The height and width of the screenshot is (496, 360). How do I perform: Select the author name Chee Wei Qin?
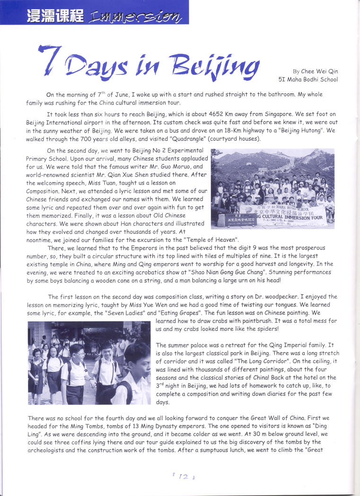(x=322, y=71)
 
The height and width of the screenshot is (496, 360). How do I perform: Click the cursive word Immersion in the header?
(x=134, y=17)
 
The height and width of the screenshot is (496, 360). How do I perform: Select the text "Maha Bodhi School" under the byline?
(x=314, y=80)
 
